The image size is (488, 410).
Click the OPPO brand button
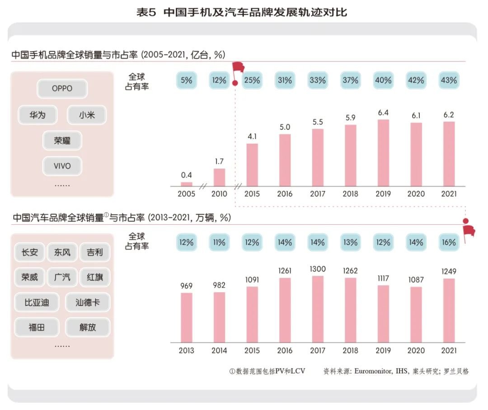62,89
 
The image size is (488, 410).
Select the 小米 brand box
86,115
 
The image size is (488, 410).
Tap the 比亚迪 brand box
37,302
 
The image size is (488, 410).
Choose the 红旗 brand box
94,277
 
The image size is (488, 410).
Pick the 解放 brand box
88,327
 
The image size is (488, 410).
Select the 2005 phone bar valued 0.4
187,184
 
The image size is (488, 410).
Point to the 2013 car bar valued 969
187,317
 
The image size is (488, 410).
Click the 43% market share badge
449,80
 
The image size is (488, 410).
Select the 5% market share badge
187,80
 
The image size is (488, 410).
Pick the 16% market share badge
449,242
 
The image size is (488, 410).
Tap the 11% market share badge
219,242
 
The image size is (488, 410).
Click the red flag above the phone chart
238,68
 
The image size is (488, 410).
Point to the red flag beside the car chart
469,231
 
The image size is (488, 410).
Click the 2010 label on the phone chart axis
219,194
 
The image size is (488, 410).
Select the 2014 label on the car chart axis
219,351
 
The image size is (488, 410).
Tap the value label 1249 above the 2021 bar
449,271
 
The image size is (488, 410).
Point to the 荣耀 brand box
62,141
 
